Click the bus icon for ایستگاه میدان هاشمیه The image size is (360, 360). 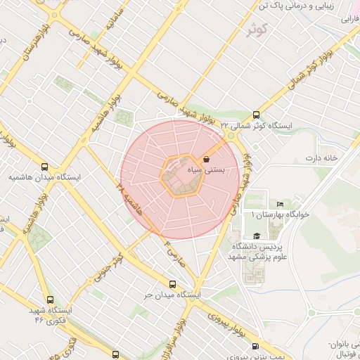(46, 167)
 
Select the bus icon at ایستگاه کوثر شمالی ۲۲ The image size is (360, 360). (255, 115)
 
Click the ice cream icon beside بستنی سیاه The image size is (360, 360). (206, 160)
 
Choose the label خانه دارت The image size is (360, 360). (321, 157)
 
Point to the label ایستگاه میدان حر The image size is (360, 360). (173, 295)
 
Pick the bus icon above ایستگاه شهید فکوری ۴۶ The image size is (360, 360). (49, 299)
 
